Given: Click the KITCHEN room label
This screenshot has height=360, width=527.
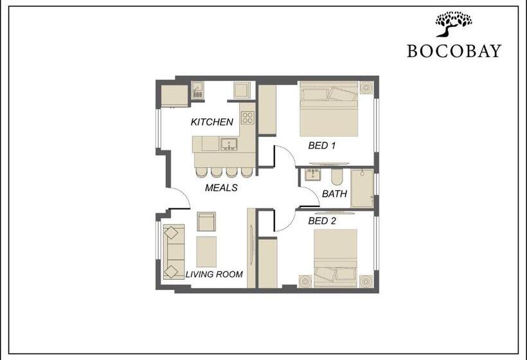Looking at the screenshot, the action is (211, 122).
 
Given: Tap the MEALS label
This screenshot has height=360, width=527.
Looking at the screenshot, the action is (221, 188).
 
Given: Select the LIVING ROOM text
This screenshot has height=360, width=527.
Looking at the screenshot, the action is (214, 274).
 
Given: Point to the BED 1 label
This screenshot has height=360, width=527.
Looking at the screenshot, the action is (321, 145).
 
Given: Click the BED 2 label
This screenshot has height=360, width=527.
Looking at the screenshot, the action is (322, 221).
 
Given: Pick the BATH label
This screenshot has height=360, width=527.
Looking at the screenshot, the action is (334, 194).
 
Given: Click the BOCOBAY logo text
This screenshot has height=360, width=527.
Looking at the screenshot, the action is (454, 51).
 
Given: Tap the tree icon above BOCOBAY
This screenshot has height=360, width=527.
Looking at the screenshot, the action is (453, 24).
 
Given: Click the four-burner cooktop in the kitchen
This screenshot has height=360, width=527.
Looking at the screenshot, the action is (247, 118).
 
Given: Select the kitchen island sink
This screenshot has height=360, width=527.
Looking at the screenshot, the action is (229, 144).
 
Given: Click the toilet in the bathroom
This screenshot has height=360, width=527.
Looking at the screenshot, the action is (337, 177).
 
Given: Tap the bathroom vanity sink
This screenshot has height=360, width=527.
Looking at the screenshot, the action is (313, 175).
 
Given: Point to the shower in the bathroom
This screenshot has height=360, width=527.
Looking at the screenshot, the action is (362, 188).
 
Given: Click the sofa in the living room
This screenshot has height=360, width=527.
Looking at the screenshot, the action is (174, 252).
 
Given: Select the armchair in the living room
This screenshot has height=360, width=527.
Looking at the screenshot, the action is (206, 222).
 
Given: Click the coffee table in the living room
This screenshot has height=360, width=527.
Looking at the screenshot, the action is (206, 252).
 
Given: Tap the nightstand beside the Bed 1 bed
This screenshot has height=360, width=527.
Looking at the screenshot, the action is (366, 87).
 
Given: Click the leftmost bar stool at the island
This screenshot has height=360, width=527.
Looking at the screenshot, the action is (201, 172).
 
